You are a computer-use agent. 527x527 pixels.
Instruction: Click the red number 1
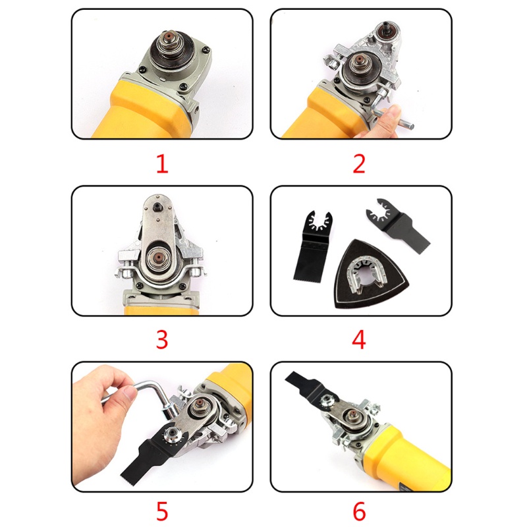coord(162,163)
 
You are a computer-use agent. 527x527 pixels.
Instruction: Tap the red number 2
coord(358,163)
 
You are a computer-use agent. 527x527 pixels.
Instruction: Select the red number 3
coord(162,339)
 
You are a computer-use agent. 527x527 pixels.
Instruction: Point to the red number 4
coord(358,339)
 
